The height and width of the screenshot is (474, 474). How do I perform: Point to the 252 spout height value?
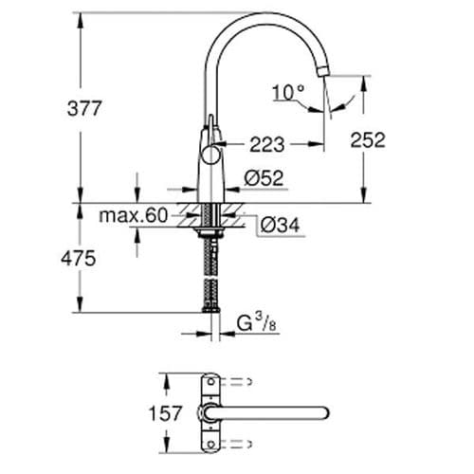[x=367, y=140]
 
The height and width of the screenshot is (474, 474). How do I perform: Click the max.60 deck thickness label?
[x=133, y=217]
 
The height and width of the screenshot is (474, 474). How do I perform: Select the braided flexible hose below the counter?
[x=209, y=275]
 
